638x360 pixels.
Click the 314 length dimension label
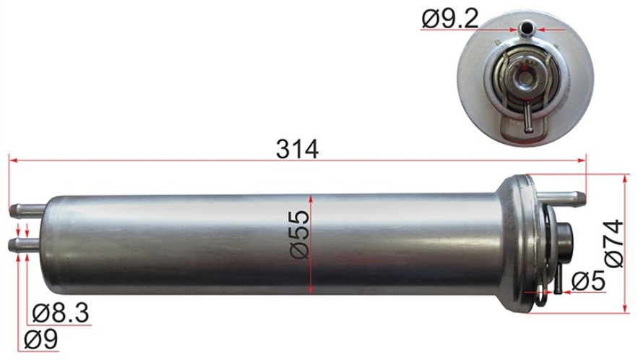(297, 150)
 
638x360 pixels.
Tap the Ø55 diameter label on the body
(300, 234)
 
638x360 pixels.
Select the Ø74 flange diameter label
(613, 244)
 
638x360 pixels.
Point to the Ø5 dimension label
(588, 281)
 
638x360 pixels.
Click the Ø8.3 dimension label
(61, 313)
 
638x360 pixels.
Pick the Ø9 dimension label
(40, 339)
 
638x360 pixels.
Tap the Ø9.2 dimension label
(450, 19)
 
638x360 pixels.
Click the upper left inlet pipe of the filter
(27, 210)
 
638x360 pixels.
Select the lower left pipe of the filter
(27, 244)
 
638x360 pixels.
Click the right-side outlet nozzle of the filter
(562, 197)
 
